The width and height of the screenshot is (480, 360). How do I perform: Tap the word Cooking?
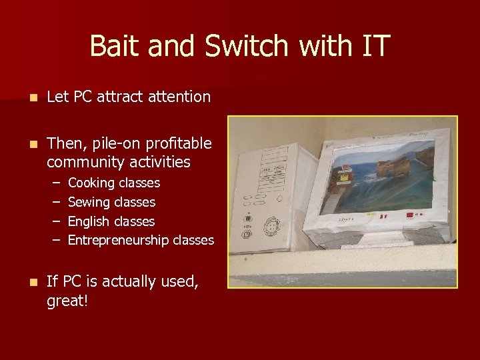coord(91,183)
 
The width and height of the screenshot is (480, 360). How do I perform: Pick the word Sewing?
coord(89,202)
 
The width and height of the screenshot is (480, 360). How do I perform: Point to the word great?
coord(67,301)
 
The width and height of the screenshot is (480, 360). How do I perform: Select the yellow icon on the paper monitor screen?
coord(344,178)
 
